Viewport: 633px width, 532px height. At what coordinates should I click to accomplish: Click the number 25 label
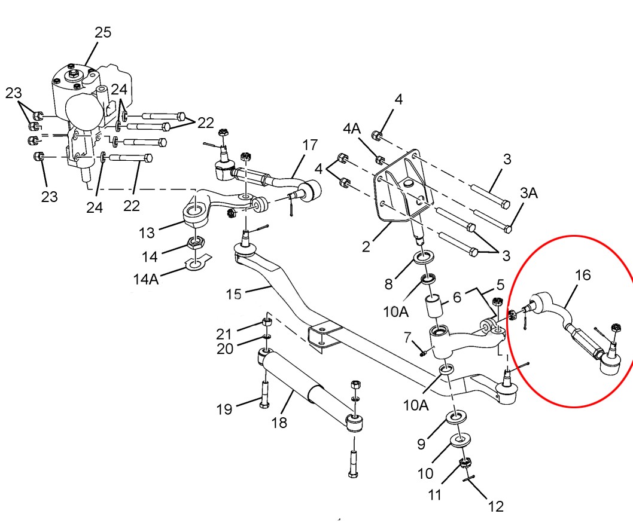click(x=103, y=32)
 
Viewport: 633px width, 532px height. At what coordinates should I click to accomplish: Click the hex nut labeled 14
click(x=195, y=243)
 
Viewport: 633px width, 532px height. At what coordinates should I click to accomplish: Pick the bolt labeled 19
click(x=264, y=391)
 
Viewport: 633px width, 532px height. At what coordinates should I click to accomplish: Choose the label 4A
click(x=351, y=129)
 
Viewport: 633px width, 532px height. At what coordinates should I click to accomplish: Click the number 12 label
click(x=496, y=507)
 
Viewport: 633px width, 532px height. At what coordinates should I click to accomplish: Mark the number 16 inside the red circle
click(x=583, y=275)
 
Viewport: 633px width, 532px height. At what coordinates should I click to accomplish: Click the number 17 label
click(x=309, y=145)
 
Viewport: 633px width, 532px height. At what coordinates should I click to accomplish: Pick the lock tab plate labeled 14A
click(x=197, y=261)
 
